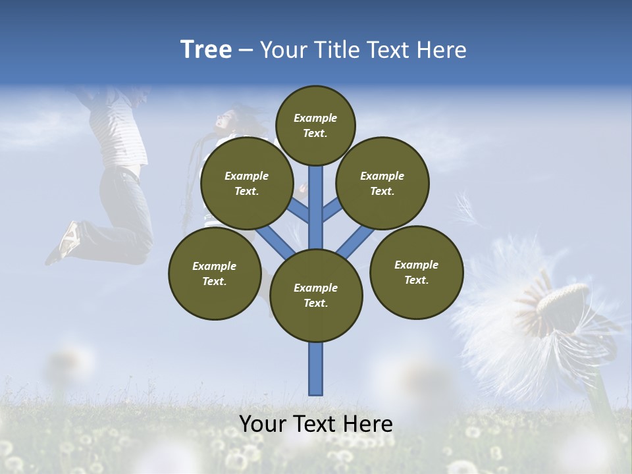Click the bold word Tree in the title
(x=206, y=49)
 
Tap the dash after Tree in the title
(x=246, y=51)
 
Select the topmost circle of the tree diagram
(x=315, y=125)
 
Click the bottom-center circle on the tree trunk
(x=316, y=296)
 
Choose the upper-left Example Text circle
(x=247, y=183)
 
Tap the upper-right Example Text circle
(x=382, y=183)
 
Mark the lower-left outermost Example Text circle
(x=215, y=273)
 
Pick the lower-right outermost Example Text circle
(x=416, y=272)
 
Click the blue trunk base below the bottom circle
(x=316, y=369)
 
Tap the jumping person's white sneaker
(x=68, y=238)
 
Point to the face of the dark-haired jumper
(x=225, y=122)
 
